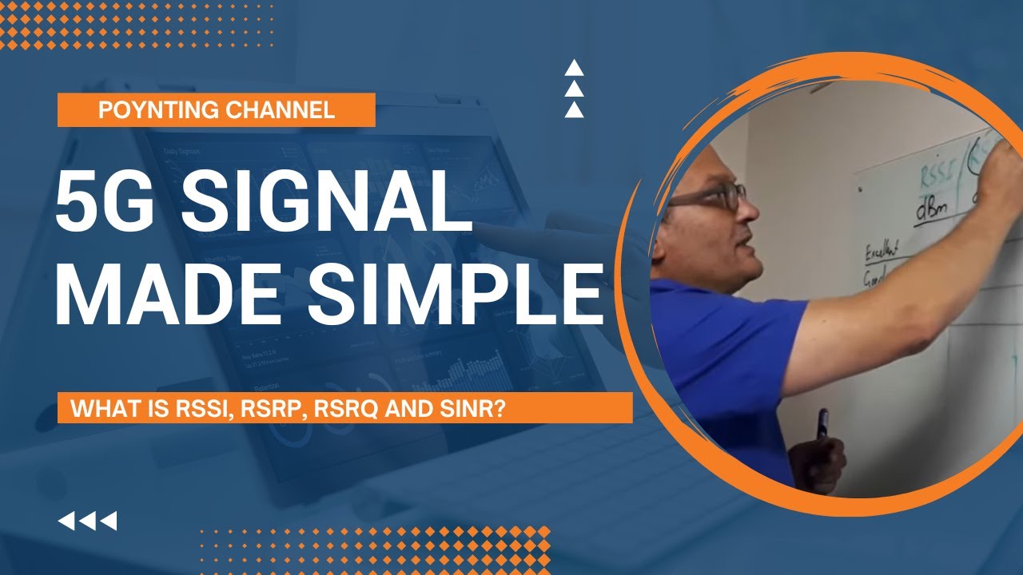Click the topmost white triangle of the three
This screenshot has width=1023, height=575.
coord(574,69)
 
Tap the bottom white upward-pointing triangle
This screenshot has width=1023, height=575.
coord(574,110)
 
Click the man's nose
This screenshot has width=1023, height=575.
coord(750,209)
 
